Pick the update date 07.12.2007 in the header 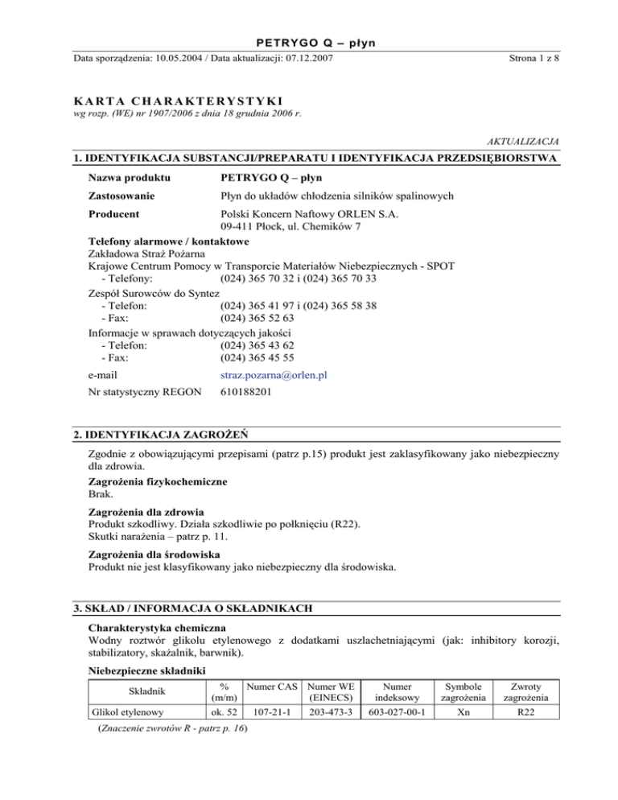coord(307,57)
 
